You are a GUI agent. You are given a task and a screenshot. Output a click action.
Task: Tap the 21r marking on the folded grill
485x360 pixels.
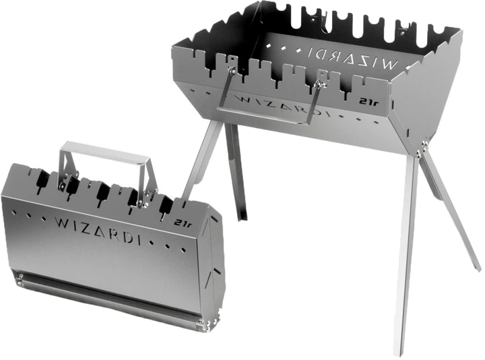(183, 223)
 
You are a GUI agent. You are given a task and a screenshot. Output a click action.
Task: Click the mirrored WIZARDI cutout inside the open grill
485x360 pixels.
(352, 57)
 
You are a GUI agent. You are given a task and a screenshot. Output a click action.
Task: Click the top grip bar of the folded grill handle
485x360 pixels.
(106, 152)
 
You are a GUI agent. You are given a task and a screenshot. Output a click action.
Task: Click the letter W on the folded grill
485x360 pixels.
(62, 222)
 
